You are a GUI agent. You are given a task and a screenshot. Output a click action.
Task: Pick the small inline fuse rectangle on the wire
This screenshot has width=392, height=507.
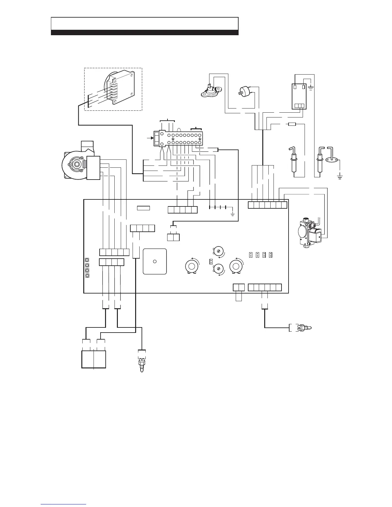click(292, 125)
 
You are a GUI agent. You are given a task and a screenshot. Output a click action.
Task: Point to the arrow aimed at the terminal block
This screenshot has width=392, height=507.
click(149, 138)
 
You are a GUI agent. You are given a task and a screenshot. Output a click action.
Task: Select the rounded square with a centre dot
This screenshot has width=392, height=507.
click(155, 262)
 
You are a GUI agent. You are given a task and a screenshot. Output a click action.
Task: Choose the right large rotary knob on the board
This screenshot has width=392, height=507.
click(236, 266)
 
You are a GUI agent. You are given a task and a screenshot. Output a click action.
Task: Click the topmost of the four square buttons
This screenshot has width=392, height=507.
click(87, 260)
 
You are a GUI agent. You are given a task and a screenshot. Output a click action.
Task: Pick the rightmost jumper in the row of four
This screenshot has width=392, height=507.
click(271, 255)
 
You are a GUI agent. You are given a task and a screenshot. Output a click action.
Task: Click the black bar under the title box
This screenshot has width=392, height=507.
click(144, 32)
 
